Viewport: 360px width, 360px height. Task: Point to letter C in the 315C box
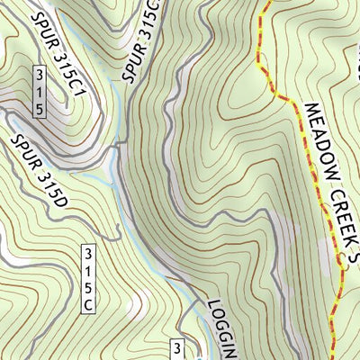click(x=88, y=305)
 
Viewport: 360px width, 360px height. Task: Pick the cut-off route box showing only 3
click(x=177, y=348)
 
